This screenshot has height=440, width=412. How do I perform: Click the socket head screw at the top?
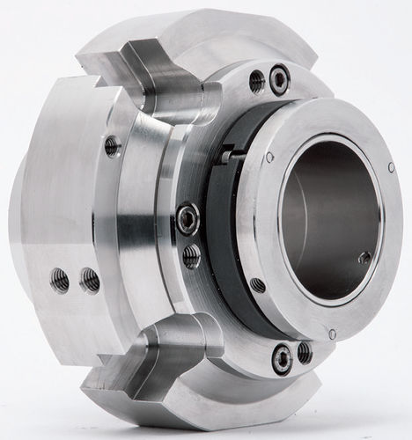(x=279, y=81)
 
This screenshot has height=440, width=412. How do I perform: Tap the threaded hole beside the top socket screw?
(x=257, y=82)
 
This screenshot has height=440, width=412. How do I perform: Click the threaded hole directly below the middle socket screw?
(x=191, y=255)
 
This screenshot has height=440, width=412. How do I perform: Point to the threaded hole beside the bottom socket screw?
(x=304, y=352)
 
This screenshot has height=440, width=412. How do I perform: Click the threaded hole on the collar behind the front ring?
(x=257, y=285)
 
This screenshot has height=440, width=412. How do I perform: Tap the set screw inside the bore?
(x=364, y=258)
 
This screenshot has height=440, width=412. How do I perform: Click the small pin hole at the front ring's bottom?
(x=331, y=334)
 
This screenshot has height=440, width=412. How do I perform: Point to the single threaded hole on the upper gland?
(x=113, y=145)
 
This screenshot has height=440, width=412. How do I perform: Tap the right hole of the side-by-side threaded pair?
(x=89, y=280)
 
